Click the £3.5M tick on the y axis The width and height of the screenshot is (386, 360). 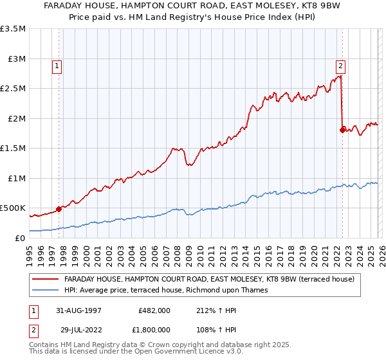(x=13, y=29)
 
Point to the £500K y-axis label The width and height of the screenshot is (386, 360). (x=13, y=208)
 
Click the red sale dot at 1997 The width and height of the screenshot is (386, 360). (x=59, y=208)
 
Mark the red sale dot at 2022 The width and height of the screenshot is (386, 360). (x=342, y=130)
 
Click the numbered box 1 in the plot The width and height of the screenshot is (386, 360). (x=57, y=65)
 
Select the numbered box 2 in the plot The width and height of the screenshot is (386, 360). (x=340, y=65)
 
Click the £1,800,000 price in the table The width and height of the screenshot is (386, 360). (x=152, y=329)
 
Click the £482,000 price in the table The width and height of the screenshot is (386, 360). (x=154, y=310)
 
